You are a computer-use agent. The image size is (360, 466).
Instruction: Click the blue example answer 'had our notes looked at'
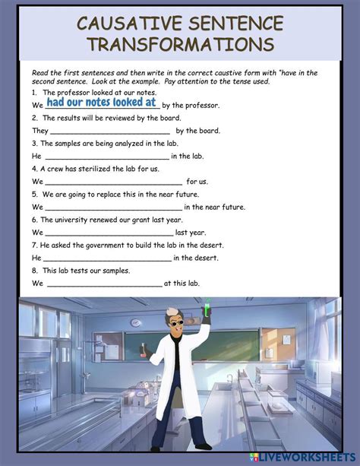pos(101,102)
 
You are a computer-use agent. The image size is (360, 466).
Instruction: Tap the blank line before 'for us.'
pos(114,182)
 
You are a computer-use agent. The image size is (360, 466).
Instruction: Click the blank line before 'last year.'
pos(109,233)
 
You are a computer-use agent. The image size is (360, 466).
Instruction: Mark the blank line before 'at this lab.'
pos(105,284)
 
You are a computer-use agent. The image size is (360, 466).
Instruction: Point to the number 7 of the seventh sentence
pos(34,246)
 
